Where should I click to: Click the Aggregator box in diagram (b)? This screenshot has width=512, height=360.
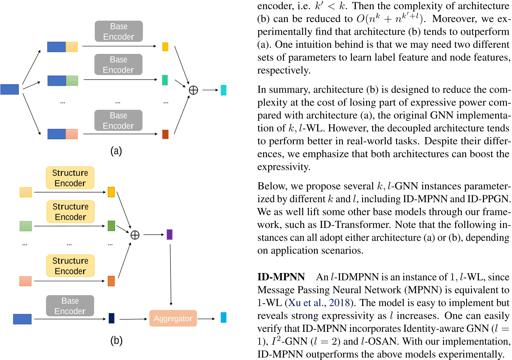point(173,318)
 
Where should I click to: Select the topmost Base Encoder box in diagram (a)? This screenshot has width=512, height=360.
point(119,31)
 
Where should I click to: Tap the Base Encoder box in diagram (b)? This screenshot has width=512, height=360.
point(70,306)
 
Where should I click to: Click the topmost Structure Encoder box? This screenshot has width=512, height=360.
point(70,178)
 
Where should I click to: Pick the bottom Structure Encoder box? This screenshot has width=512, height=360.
point(70,266)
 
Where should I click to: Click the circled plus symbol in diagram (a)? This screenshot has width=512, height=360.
point(193,90)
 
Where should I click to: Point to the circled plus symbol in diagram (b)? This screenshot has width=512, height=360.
point(135,235)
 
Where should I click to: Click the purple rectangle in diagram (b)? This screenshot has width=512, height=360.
point(169,234)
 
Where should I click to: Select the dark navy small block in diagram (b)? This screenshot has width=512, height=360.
point(111,318)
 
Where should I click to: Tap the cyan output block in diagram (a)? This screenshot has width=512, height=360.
point(223,90)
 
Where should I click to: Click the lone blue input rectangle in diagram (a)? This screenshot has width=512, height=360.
point(10,89)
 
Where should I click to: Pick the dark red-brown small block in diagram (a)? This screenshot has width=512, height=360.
point(165,134)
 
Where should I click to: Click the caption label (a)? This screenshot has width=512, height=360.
point(116,151)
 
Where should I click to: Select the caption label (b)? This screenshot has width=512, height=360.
point(116,340)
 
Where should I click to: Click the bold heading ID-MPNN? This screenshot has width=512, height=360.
point(281,277)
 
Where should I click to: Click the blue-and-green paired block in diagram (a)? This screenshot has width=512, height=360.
point(63,81)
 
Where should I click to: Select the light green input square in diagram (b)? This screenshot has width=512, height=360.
point(26,226)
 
